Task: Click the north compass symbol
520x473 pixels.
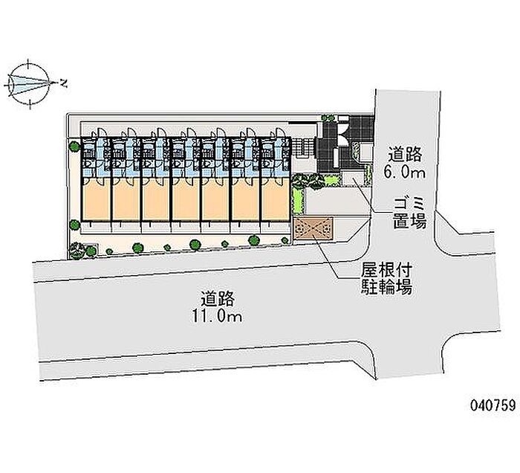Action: point(29,83)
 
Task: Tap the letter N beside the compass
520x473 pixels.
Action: point(63,83)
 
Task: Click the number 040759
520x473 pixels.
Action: point(492,405)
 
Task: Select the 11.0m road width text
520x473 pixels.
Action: point(217,317)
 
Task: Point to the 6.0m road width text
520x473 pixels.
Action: point(405,172)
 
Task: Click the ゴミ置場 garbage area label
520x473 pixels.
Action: point(409,213)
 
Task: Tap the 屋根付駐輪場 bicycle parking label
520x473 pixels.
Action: point(386,279)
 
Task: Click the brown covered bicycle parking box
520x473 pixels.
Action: point(313,228)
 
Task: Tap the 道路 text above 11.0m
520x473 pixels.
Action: point(217,298)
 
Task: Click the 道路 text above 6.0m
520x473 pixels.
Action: point(406,155)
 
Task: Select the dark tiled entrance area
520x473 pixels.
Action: point(345,143)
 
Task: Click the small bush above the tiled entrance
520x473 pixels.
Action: point(328,118)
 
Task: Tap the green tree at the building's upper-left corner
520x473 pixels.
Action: point(74,147)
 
